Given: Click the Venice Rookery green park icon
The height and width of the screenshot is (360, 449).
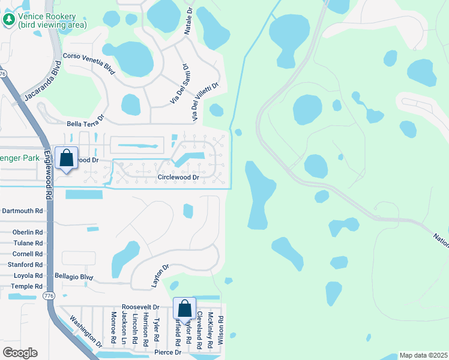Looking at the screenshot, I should point(9,20).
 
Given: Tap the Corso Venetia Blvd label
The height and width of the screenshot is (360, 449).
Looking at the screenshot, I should point(89,63).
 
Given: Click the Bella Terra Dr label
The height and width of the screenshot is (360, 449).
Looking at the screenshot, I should point(86,124).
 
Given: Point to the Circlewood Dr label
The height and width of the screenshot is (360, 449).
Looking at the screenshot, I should point(178,178).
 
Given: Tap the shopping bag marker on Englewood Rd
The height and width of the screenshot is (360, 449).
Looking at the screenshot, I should point(67,159).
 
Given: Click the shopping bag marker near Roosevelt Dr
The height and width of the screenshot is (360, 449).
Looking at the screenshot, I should point(185,309).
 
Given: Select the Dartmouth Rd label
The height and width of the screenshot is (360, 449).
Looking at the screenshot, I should point(23,211).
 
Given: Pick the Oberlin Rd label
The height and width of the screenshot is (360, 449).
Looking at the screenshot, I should point(28,232).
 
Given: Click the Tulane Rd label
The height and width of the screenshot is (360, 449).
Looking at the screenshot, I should point(28,243).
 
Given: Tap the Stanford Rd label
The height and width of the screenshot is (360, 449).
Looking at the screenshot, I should point(25,264).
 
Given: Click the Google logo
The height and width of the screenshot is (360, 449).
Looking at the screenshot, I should point(20,353).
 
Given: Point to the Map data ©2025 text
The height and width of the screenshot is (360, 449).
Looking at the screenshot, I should point(423,355).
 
